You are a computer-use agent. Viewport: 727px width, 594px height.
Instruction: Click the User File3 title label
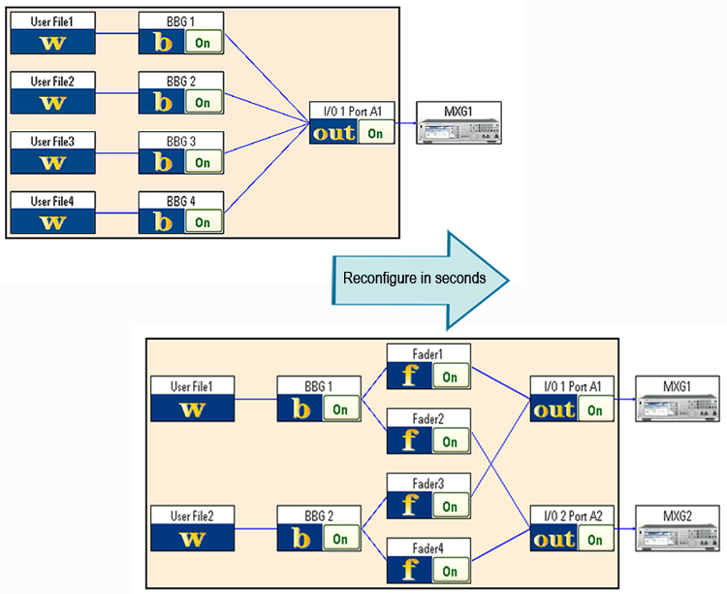(x=52, y=141)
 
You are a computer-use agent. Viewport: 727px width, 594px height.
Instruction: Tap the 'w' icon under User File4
(x=52, y=221)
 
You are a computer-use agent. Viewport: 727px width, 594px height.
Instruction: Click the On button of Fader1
(x=450, y=377)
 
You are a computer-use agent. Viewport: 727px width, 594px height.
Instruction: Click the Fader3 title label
(x=428, y=483)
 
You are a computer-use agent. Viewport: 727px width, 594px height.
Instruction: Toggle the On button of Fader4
(x=450, y=571)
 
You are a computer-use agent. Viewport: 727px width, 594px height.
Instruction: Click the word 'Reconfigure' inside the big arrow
(x=373, y=278)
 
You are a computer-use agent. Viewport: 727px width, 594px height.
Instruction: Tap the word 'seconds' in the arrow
(x=458, y=278)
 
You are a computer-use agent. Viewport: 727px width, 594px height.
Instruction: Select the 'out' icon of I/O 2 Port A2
(x=554, y=539)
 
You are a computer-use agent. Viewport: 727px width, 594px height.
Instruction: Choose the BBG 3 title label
(x=180, y=141)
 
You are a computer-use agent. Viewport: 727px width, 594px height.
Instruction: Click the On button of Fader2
(x=450, y=442)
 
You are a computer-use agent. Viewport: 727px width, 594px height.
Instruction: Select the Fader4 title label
(x=428, y=548)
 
